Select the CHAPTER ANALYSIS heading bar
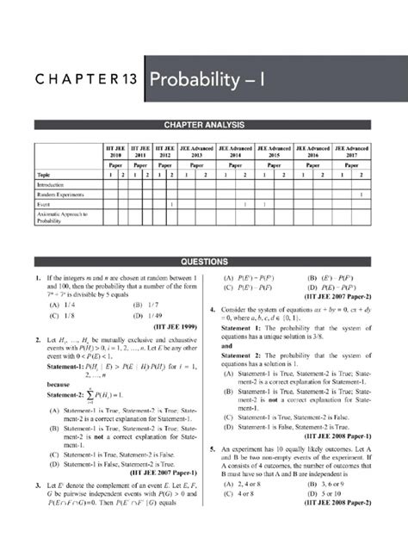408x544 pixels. [203, 126]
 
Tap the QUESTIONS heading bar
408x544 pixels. [203, 261]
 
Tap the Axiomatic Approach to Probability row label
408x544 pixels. [58, 217]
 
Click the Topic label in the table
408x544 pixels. [43, 173]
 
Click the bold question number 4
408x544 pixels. [212, 309]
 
